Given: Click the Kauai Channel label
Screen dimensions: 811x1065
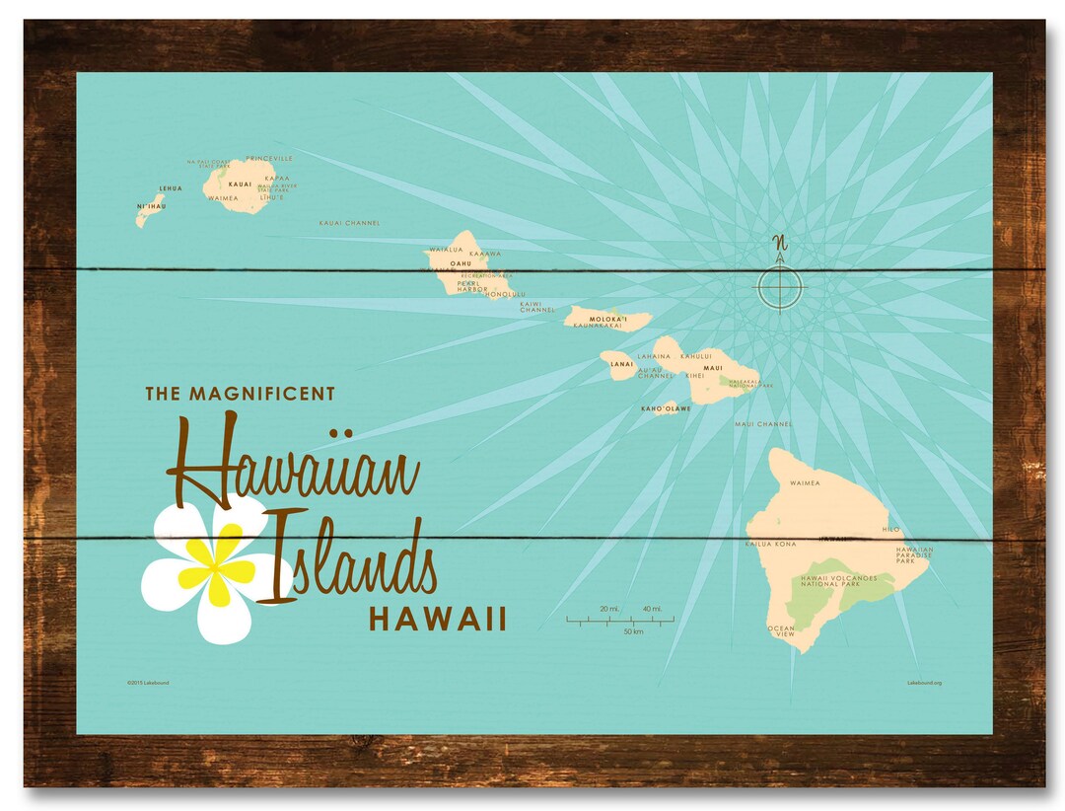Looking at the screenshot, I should click(349, 223).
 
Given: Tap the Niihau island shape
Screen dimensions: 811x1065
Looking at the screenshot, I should click(149, 210).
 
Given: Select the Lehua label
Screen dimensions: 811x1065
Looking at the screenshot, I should click(171, 188).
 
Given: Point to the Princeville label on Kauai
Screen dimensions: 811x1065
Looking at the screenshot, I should click(269, 158).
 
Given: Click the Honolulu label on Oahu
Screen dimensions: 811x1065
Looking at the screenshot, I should click(504, 294).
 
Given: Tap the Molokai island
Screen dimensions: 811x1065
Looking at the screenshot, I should click(607, 319).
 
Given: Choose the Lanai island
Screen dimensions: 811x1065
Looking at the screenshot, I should click(619, 364).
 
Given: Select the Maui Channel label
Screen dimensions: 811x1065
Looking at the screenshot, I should click(763, 424).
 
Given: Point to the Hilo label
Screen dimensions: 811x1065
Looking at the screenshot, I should click(890, 530).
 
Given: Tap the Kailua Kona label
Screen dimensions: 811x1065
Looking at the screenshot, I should click(769, 544).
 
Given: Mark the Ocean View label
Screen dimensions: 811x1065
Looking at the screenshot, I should click(781, 631).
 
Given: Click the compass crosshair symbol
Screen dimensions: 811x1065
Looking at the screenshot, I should click(780, 288).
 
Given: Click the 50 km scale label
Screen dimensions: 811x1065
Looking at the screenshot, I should click(633, 631).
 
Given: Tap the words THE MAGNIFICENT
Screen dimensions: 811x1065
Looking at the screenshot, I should click(241, 394).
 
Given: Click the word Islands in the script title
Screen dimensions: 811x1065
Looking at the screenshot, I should click(350, 560).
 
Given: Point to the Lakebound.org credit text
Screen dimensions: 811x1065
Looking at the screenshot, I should click(924, 682).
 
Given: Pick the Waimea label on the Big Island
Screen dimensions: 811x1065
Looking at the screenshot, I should click(807, 483).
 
